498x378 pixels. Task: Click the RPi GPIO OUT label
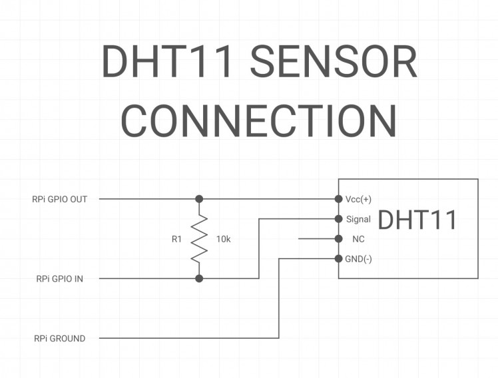(59, 199)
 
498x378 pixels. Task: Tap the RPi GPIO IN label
(59, 279)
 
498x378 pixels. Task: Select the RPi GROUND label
(59, 338)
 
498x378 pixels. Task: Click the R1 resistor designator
(176, 239)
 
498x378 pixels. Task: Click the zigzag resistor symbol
(198, 239)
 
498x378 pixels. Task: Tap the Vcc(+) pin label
(358, 199)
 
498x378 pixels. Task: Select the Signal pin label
(358, 219)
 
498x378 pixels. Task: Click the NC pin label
(358, 239)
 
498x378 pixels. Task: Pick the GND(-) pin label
(358, 259)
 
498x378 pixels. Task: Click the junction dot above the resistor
(198, 199)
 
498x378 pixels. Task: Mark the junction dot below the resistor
(198, 278)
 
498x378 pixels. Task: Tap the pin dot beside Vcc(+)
(338, 199)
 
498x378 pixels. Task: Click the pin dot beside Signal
(338, 218)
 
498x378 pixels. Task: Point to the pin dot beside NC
(338, 238)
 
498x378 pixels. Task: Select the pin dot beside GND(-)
(338, 258)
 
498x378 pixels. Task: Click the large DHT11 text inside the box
(417, 220)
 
